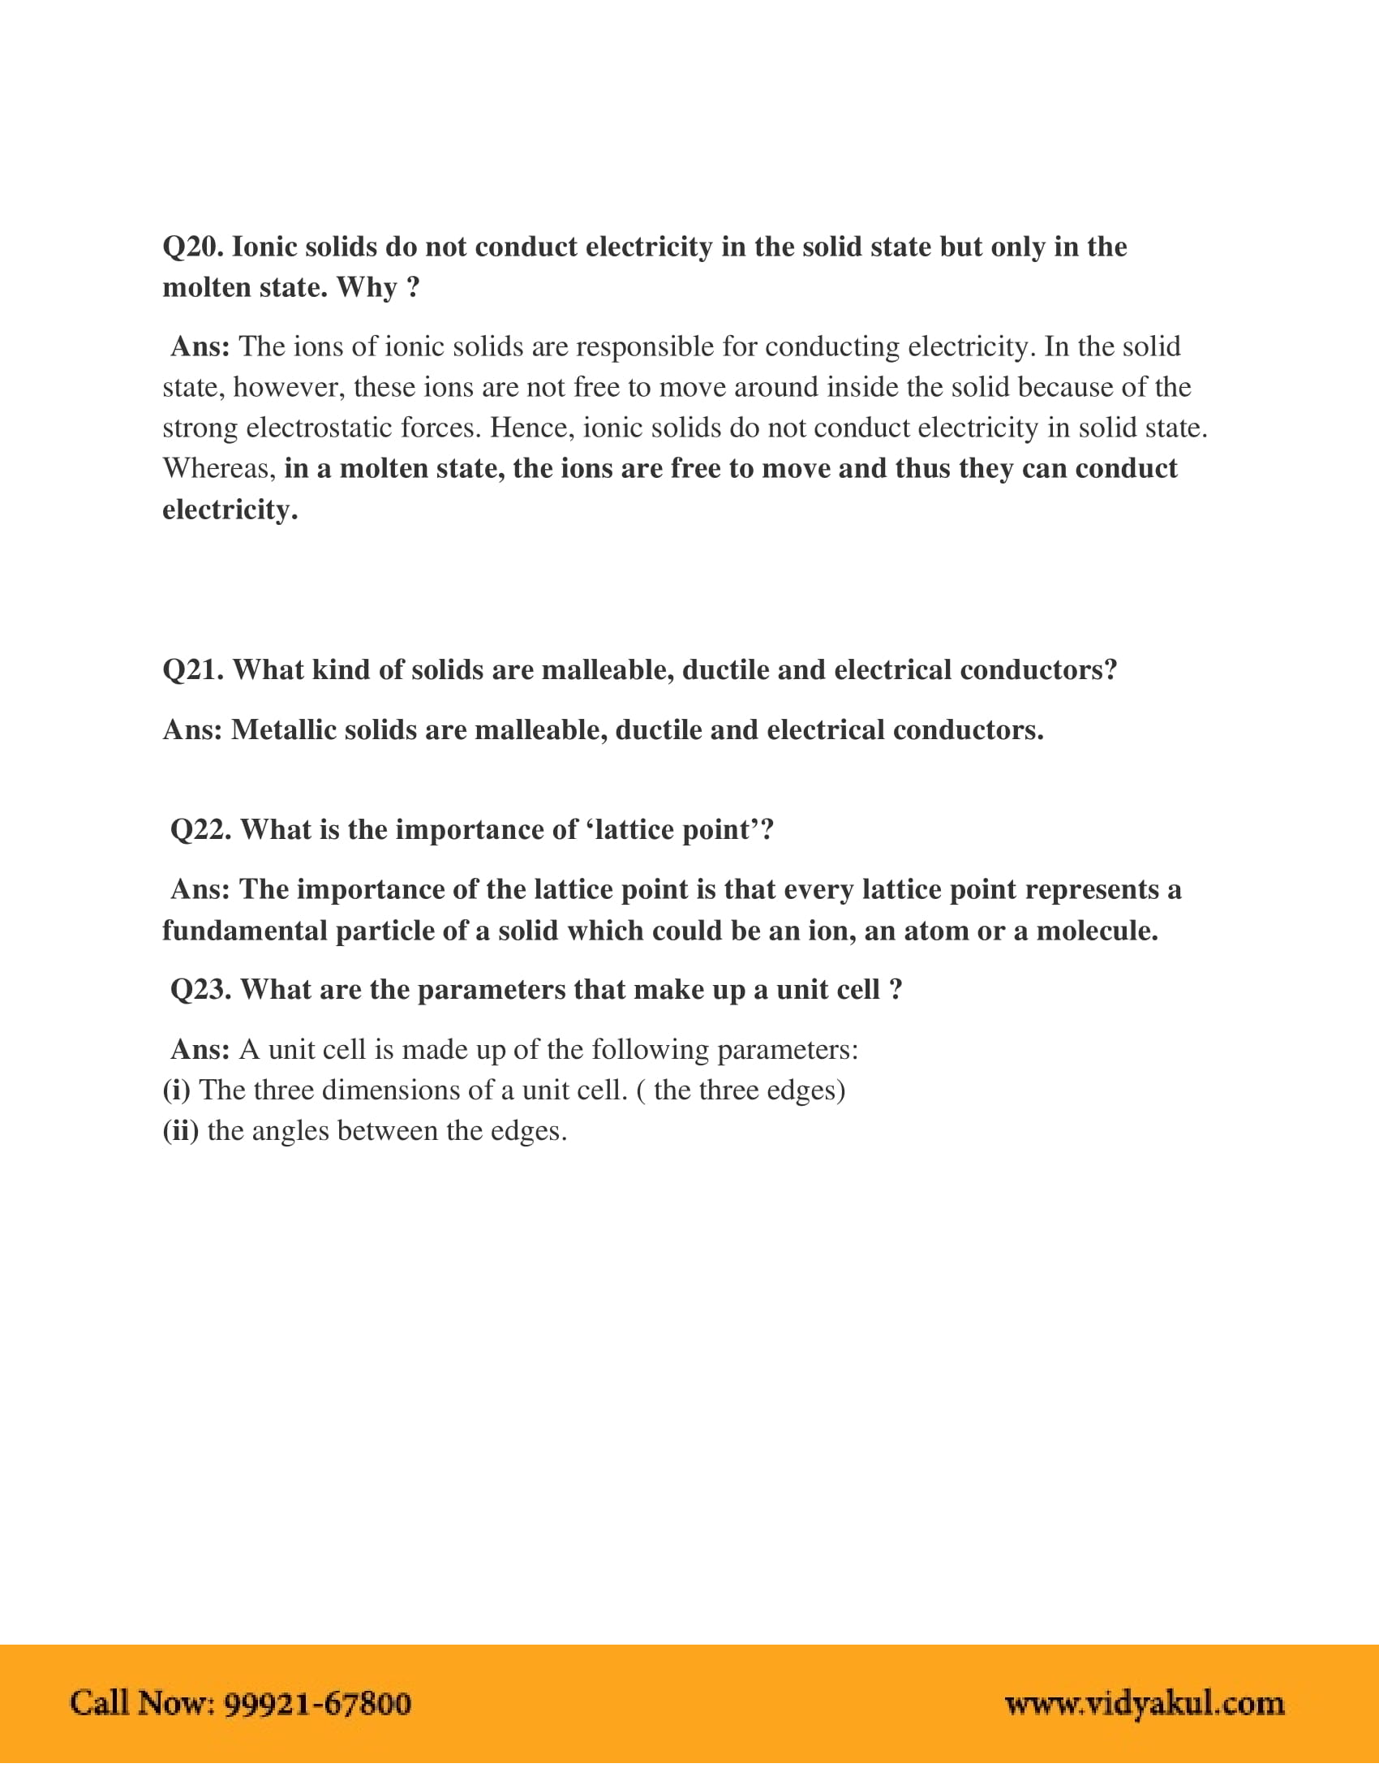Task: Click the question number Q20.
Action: pyautogui.click(x=192, y=247)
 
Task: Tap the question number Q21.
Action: pyautogui.click(x=192, y=670)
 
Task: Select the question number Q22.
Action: pyautogui.click(x=200, y=829)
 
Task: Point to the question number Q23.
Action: pyautogui.click(x=200, y=990)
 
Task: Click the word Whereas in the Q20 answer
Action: pyautogui.click(x=219, y=468)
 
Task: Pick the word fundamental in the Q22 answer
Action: pyautogui.click(x=244, y=931)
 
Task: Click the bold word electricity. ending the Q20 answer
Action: pyautogui.click(x=230, y=510)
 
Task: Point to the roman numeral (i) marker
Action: pyautogui.click(x=176, y=1090)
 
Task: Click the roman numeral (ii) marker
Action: pyautogui.click(x=180, y=1131)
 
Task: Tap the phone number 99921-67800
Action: pyautogui.click(x=317, y=1704)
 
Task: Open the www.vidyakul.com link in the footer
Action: pyautogui.click(x=1144, y=1704)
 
